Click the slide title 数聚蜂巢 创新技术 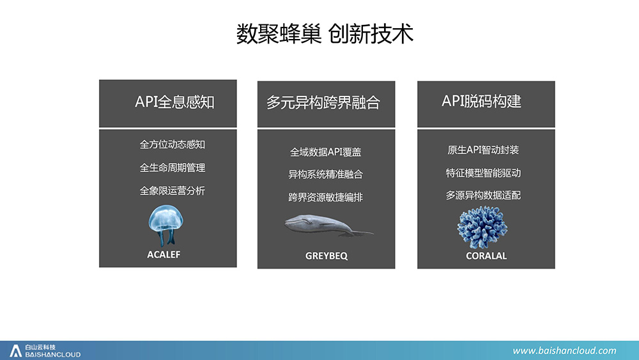point(325,34)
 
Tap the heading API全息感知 point(174,102)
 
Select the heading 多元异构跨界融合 point(323,103)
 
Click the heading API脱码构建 point(481,101)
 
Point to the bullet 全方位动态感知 point(173,145)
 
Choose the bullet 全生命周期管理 point(173,168)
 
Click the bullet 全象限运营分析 point(173,191)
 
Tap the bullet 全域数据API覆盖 point(326,152)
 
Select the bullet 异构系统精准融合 point(326,175)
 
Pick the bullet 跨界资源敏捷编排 point(326,198)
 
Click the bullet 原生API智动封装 point(483,150)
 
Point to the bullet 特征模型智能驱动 point(483,173)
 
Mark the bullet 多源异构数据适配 point(483,195)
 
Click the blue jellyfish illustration point(166,225)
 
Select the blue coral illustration point(482,228)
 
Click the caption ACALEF point(164,254)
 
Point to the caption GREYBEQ point(327,256)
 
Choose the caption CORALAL point(486,256)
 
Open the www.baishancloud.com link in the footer point(564,350)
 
